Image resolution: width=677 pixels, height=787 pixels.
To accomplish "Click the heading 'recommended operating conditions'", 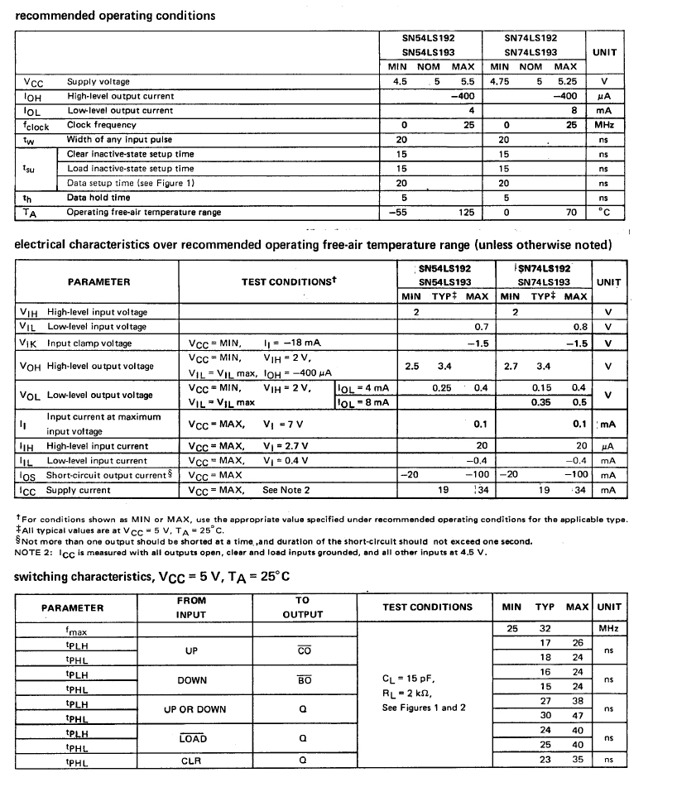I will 115,15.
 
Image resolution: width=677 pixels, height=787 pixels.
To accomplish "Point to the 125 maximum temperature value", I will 466,212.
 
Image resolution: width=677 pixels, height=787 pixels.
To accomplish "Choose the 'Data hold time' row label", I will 98,198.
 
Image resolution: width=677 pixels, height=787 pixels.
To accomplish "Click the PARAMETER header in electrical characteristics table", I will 98,282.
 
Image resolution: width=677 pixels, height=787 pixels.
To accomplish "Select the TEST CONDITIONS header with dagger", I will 288,282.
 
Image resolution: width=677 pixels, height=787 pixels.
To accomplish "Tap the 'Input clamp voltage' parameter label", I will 89,343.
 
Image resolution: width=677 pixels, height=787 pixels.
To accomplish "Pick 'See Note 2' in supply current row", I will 286,490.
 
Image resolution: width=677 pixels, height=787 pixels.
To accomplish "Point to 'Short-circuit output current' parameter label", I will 105,475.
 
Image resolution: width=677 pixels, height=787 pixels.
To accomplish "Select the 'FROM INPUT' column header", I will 191,607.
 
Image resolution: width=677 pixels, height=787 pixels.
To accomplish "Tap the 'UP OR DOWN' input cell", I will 191,708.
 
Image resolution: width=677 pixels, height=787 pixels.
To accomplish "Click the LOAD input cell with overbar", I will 191,738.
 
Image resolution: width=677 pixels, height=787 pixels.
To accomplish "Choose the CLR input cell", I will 191,760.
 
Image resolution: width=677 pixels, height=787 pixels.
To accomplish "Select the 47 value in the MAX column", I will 578,716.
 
